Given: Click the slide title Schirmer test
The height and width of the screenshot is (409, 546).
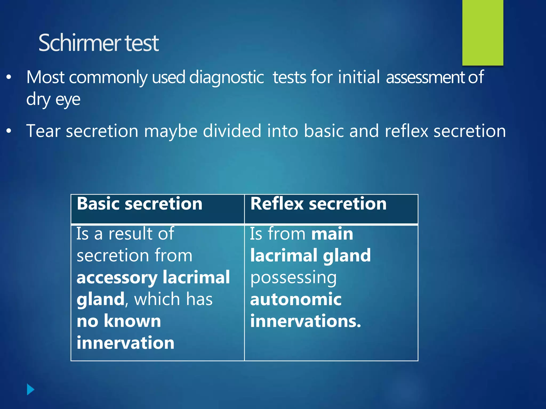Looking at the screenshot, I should [99, 43].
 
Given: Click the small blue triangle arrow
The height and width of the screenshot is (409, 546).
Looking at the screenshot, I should [30, 390].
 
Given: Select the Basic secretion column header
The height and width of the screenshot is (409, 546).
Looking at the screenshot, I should [139, 204].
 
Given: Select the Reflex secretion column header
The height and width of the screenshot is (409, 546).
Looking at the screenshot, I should [318, 204].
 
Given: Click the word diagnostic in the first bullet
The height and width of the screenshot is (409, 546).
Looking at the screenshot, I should [227, 77].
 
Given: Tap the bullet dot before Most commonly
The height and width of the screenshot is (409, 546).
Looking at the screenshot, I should [9, 77].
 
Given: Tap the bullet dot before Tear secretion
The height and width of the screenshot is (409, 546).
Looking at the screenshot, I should [9, 131].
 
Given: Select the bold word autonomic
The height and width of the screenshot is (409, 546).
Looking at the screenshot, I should [296, 299].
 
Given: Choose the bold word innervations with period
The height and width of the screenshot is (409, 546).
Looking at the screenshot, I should [306, 321].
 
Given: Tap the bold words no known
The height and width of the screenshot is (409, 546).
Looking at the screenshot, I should [119, 321].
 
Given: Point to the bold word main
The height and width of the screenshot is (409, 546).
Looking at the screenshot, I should [332, 234].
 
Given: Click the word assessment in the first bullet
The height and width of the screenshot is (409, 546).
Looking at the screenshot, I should [425, 77].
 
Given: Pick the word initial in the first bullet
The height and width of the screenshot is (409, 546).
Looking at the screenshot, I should [359, 77].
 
